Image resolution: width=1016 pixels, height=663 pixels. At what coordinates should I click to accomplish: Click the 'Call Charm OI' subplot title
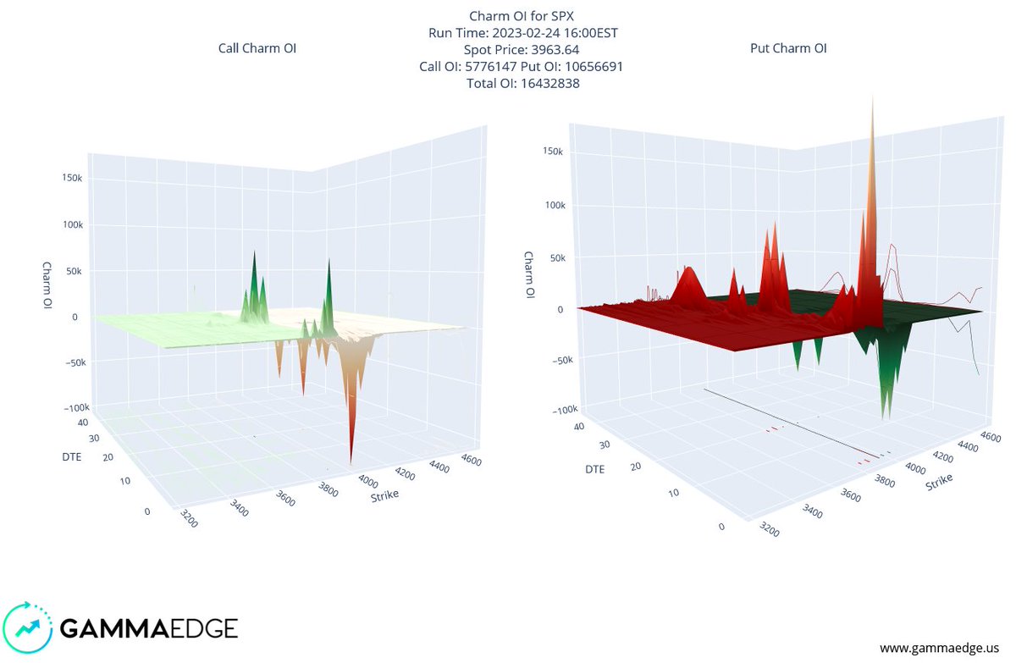[257, 48]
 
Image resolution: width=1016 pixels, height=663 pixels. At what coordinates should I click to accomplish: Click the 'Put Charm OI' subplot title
[788, 48]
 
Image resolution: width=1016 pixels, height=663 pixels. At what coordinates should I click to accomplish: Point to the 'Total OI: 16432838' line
[522, 83]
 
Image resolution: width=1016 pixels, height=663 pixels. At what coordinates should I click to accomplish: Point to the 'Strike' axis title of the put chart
[938, 482]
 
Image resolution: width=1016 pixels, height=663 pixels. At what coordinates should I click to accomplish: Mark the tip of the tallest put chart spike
[872, 95]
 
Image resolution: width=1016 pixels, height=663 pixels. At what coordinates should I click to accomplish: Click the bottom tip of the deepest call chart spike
[350, 464]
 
